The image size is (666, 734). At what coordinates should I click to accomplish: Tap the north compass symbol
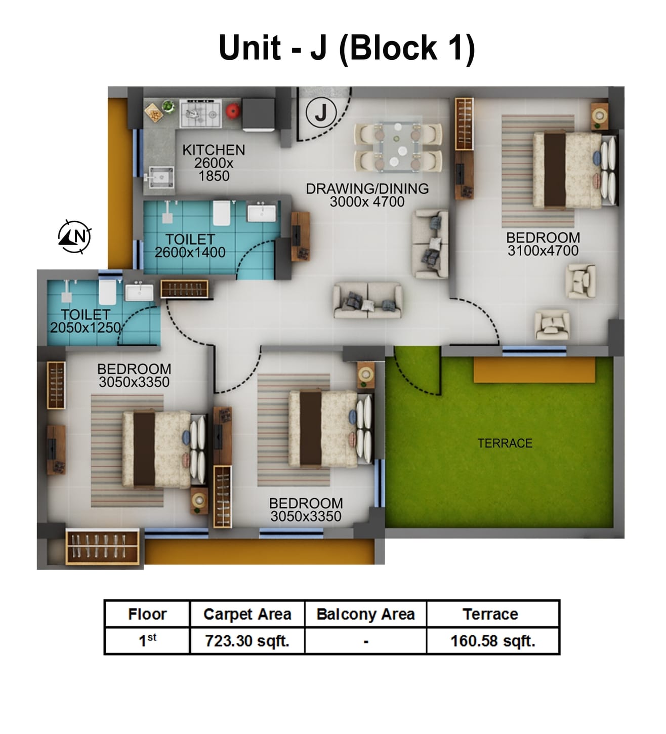(x=75, y=236)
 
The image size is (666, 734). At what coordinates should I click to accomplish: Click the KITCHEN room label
(x=214, y=150)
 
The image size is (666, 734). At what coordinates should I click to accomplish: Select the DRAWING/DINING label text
(x=367, y=189)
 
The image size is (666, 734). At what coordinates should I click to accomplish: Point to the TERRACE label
(x=505, y=443)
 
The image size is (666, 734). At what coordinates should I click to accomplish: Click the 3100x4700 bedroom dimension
(x=543, y=251)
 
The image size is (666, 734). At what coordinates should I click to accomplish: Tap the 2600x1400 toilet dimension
(x=190, y=252)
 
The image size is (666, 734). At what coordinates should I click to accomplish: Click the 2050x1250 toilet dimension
(x=86, y=328)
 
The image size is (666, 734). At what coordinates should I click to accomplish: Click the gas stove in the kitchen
(x=201, y=114)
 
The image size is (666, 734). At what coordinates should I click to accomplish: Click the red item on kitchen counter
(x=232, y=111)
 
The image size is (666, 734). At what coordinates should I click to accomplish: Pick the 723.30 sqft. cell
(x=247, y=641)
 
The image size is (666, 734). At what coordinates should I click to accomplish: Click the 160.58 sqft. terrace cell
(x=492, y=641)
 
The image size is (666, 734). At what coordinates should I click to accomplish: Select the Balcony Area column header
(x=365, y=614)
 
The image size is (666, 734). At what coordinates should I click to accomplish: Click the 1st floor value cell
(x=147, y=641)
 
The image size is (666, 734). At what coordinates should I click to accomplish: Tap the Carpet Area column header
(x=247, y=614)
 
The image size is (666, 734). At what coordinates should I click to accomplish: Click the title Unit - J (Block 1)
(x=347, y=48)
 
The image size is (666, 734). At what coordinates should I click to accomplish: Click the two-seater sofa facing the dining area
(x=368, y=301)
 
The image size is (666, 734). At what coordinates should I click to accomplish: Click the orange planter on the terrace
(x=534, y=370)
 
